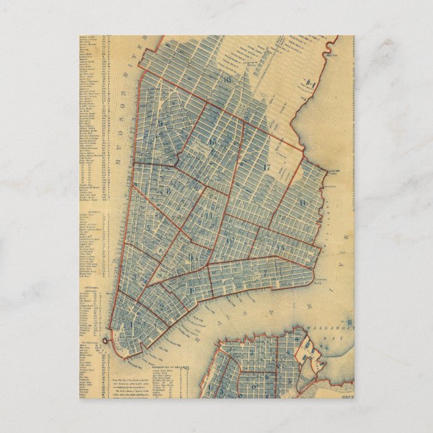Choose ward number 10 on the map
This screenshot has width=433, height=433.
point(229,240)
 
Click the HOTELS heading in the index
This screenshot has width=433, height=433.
point(92,210)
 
